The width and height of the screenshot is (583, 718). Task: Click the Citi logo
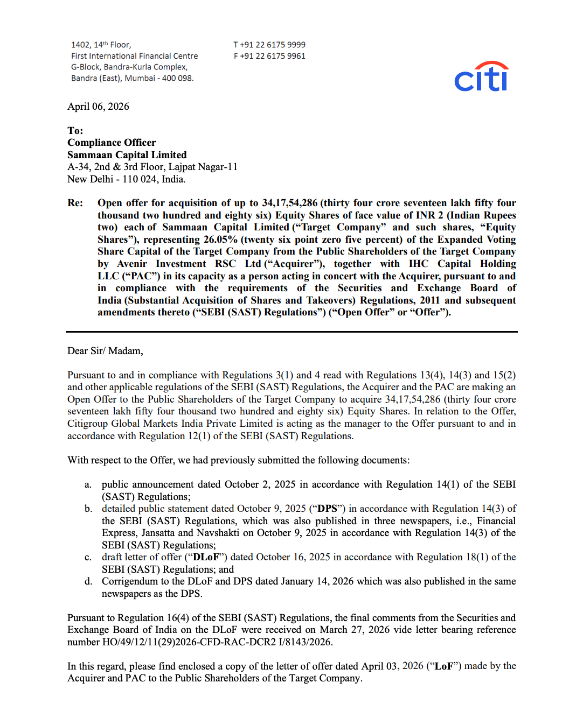coord(481,77)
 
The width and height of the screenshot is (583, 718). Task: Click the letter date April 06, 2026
coord(98,107)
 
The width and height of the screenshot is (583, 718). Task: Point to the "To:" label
coord(75,131)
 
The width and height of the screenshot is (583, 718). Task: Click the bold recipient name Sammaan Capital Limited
coord(127,155)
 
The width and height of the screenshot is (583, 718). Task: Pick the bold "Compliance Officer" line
coord(112,143)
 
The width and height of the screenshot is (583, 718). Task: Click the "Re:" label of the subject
coord(75,203)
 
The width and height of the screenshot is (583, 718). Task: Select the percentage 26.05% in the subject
coord(220,240)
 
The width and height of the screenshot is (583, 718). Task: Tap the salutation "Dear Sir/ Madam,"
coord(105,351)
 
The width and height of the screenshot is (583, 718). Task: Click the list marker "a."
coord(88,484)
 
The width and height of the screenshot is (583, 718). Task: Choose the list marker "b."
coord(88,509)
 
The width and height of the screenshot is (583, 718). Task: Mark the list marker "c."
coord(88,557)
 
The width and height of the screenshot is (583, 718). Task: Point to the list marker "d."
coord(88,581)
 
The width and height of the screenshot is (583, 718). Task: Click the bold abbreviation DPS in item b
coord(327,509)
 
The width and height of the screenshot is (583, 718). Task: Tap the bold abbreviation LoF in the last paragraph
coord(443,666)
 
